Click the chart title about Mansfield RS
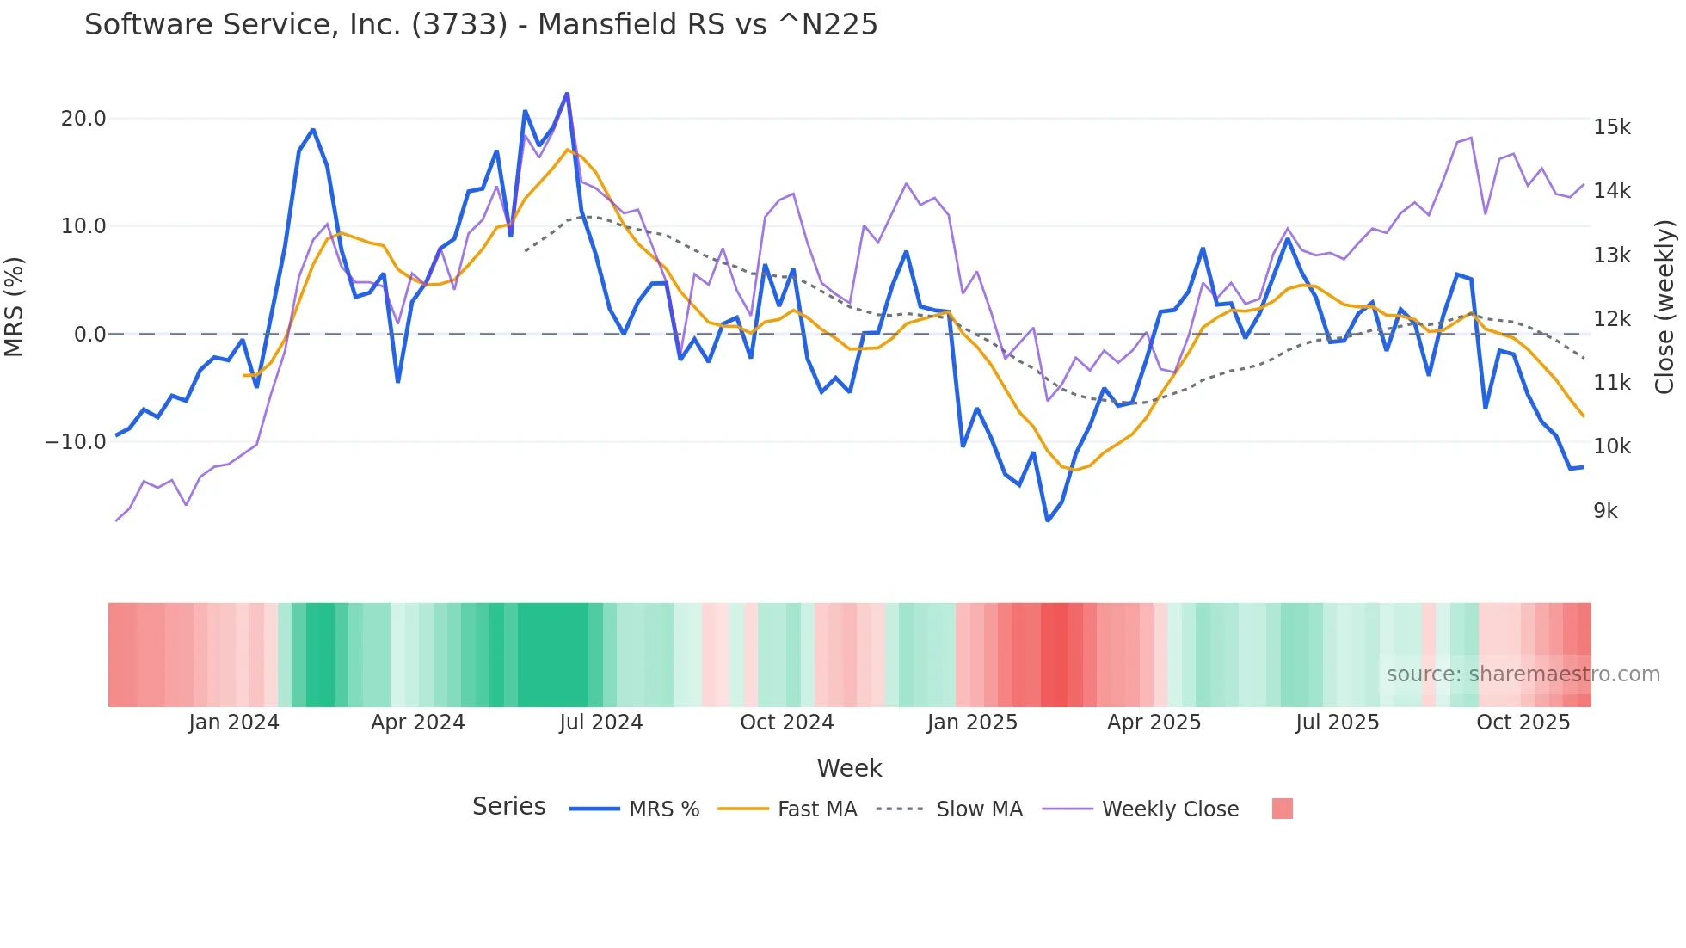coord(481,25)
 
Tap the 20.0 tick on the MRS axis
coord(83,119)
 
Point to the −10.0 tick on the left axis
coord(76,442)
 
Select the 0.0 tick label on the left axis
coord(89,335)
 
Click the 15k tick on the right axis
coord(1611,127)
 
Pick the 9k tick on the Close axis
coord(1605,511)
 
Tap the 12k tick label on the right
coord(1611,319)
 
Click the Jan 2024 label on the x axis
coord(234,723)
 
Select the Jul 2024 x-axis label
coord(601,723)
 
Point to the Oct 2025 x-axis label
coord(1523,723)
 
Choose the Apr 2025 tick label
coord(1154,723)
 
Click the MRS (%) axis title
coord(15,306)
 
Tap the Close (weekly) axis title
coord(1664,307)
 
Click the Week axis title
coord(849,768)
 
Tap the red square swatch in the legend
coord(1282,809)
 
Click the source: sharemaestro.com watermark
coord(1523,674)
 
